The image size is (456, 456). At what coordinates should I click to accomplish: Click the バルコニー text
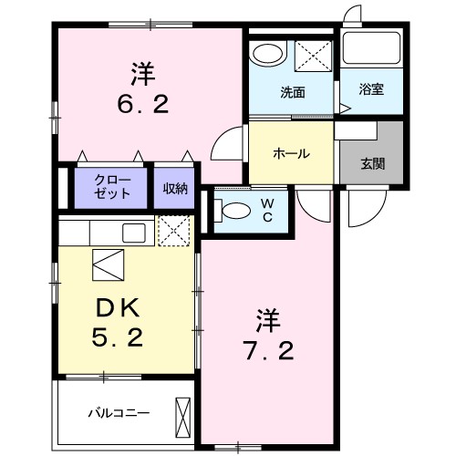(118, 411)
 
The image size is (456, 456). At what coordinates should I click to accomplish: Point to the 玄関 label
(371, 164)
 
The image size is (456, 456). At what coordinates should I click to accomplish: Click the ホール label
(291, 153)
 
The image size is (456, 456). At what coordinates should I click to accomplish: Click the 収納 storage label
(175, 188)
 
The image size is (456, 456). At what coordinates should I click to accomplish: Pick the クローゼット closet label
(113, 188)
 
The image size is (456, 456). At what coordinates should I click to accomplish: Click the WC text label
(267, 209)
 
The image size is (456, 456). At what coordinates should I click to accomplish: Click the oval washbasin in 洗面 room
(267, 54)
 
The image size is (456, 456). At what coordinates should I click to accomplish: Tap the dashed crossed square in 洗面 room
(315, 53)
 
